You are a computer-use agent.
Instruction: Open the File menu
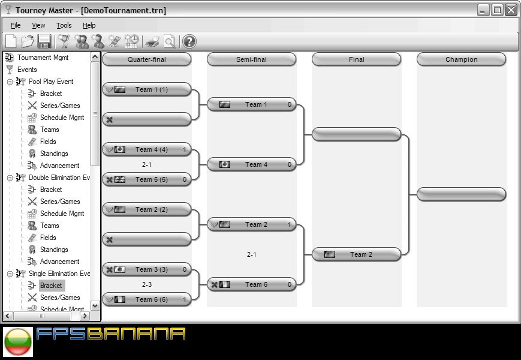16,25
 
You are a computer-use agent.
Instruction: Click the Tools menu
64,25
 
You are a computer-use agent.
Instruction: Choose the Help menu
89,25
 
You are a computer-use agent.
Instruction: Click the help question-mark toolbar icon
189,41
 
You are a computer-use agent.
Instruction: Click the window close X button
511,10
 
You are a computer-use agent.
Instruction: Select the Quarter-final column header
147,59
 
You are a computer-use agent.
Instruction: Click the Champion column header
461,59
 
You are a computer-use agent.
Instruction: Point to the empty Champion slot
461,194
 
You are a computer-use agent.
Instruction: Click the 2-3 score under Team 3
147,284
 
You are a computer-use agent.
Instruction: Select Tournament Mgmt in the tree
43,58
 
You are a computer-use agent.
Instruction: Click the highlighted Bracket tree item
51,286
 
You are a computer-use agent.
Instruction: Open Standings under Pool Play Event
54,154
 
